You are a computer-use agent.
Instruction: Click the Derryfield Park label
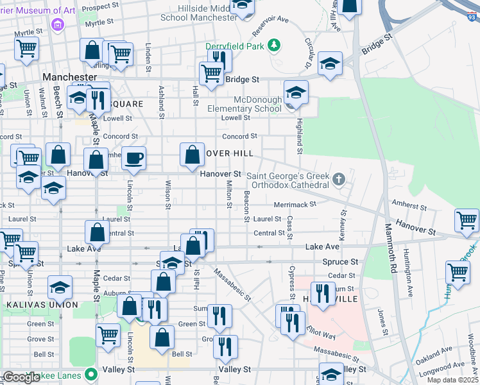(234, 46)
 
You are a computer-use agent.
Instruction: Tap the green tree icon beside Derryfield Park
(274, 45)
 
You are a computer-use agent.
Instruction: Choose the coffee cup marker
(133, 158)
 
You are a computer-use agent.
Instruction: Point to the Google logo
(22, 377)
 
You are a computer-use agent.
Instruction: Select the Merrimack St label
(296, 204)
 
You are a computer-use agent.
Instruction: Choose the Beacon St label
(246, 205)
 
